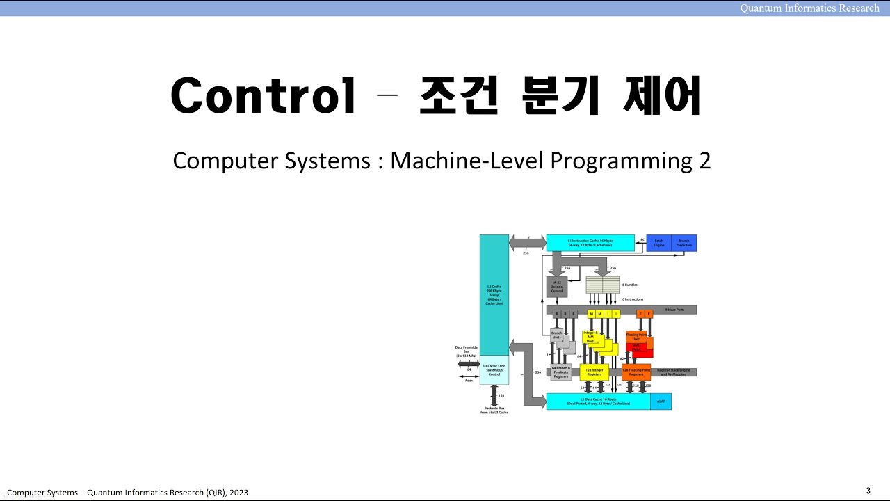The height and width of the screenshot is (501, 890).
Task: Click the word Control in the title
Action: click(264, 96)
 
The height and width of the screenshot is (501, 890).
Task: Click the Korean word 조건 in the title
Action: click(458, 96)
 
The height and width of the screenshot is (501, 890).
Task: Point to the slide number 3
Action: click(868, 491)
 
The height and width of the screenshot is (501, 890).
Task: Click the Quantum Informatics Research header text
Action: click(809, 8)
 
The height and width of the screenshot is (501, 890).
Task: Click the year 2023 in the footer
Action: click(238, 493)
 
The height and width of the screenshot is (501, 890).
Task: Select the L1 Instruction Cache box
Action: click(590, 243)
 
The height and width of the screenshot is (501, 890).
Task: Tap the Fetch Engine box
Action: click(658, 243)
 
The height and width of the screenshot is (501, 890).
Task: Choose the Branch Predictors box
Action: click(683, 243)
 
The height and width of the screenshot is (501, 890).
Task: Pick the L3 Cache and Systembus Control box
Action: click(494, 369)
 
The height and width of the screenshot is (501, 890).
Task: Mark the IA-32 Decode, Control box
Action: click(556, 287)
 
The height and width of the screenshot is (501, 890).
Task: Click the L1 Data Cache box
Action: click(598, 401)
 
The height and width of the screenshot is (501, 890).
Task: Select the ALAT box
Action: click(661, 401)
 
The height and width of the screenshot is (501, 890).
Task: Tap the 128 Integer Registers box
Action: click(594, 372)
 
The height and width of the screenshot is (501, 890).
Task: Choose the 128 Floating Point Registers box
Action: click(636, 372)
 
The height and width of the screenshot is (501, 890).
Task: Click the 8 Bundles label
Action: click(630, 285)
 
